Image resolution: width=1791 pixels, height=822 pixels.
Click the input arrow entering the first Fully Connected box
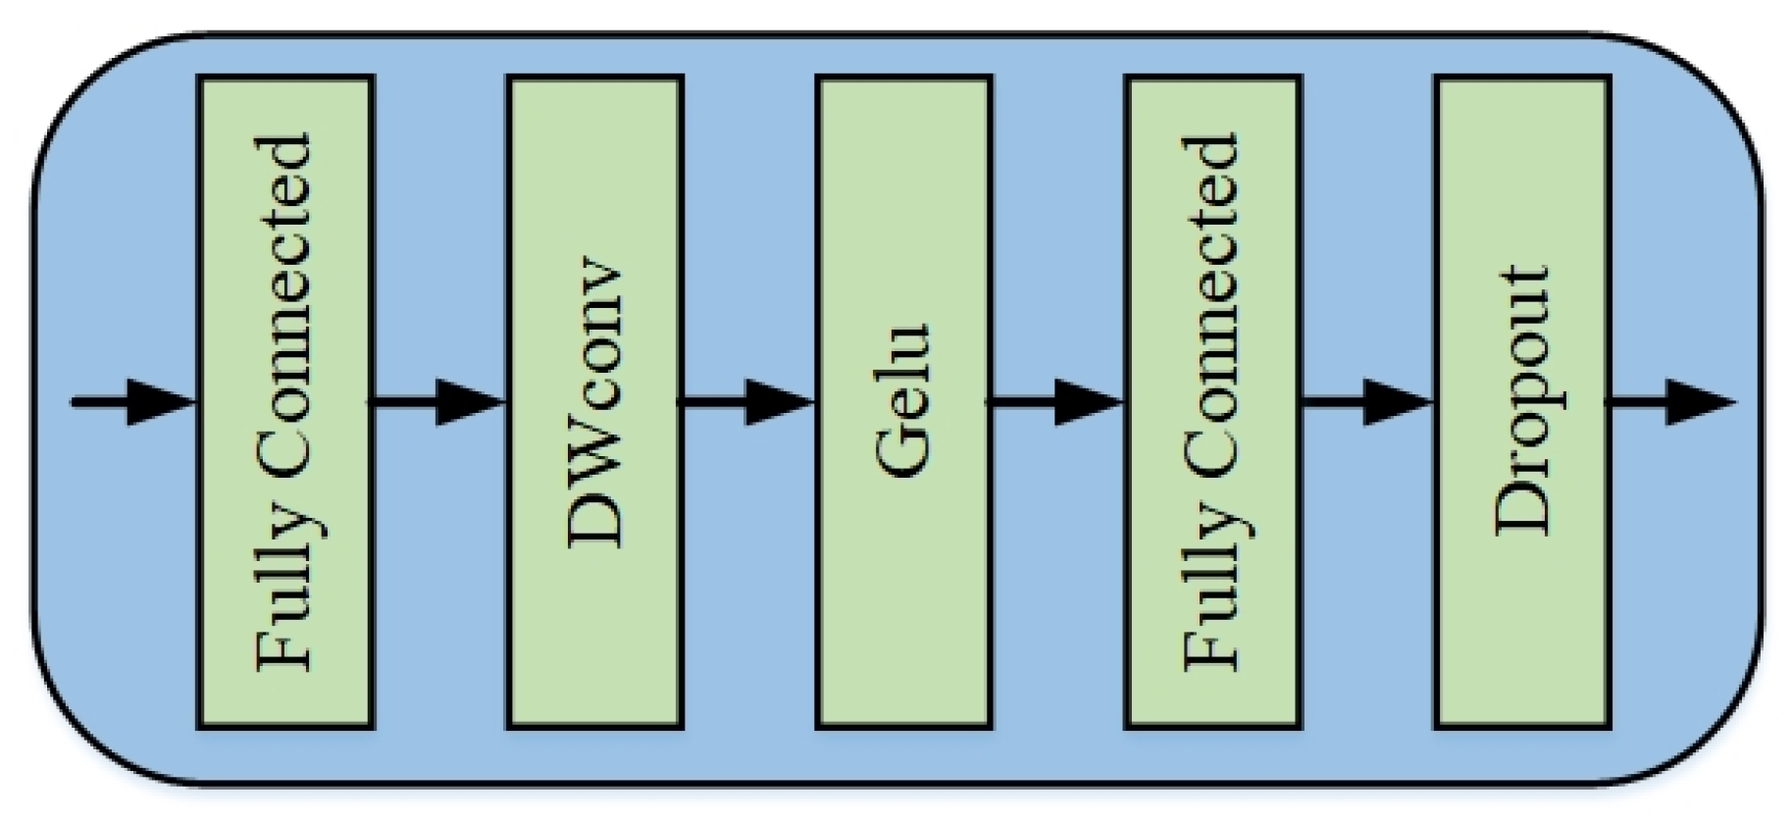coord(132,402)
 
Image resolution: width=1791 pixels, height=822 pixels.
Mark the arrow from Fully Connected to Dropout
coord(1367,402)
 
